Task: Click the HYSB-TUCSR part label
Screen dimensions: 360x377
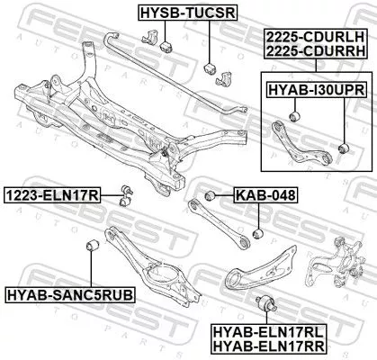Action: [175, 13]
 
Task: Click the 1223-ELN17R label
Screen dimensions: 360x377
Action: [50, 193]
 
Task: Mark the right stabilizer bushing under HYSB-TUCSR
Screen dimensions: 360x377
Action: [209, 70]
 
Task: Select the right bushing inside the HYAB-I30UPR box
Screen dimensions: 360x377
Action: [343, 146]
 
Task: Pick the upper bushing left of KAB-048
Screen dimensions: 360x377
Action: [210, 194]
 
